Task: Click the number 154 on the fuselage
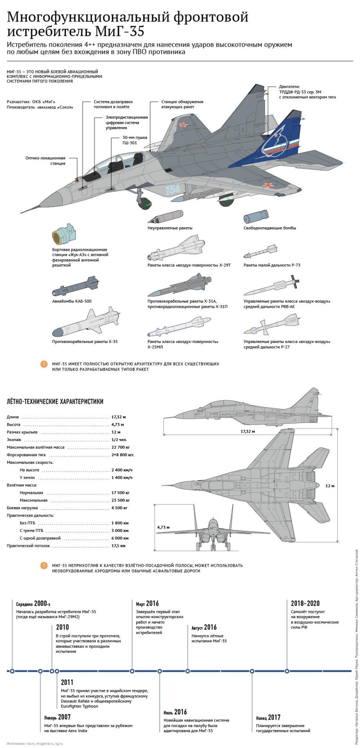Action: [x=173, y=189]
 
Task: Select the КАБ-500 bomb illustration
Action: [x=76, y=286]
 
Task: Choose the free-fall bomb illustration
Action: [x=256, y=216]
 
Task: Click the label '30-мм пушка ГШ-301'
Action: [x=135, y=140]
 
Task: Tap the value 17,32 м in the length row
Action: [x=119, y=417]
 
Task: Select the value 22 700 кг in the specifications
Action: [x=120, y=447]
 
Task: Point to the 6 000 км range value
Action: [x=120, y=538]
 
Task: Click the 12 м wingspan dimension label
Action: [x=330, y=486]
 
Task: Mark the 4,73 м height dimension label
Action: [x=163, y=527]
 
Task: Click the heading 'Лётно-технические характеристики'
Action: [x=55, y=402]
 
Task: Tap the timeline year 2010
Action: [x=63, y=627]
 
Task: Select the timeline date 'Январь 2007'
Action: [x=57, y=717]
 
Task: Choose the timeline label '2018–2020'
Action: [x=305, y=604]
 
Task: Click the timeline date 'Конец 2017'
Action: [x=268, y=718]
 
